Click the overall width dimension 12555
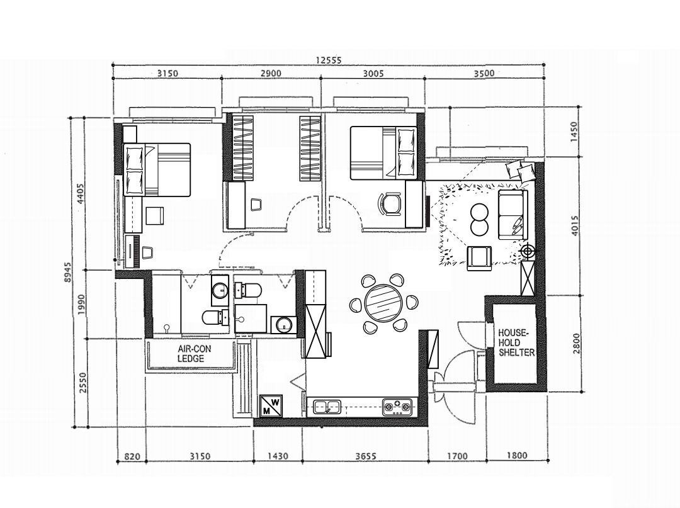pyautogui.click(x=328, y=60)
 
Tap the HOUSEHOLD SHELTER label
pyautogui.click(x=516, y=342)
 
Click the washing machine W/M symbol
pyautogui.click(x=272, y=405)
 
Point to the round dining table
pyautogui.click(x=383, y=302)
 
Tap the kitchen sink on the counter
pyautogui.click(x=327, y=406)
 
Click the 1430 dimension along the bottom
pyautogui.click(x=277, y=456)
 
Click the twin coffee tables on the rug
pyautogui.click(x=479, y=219)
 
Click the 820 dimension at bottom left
pyautogui.click(x=131, y=456)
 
